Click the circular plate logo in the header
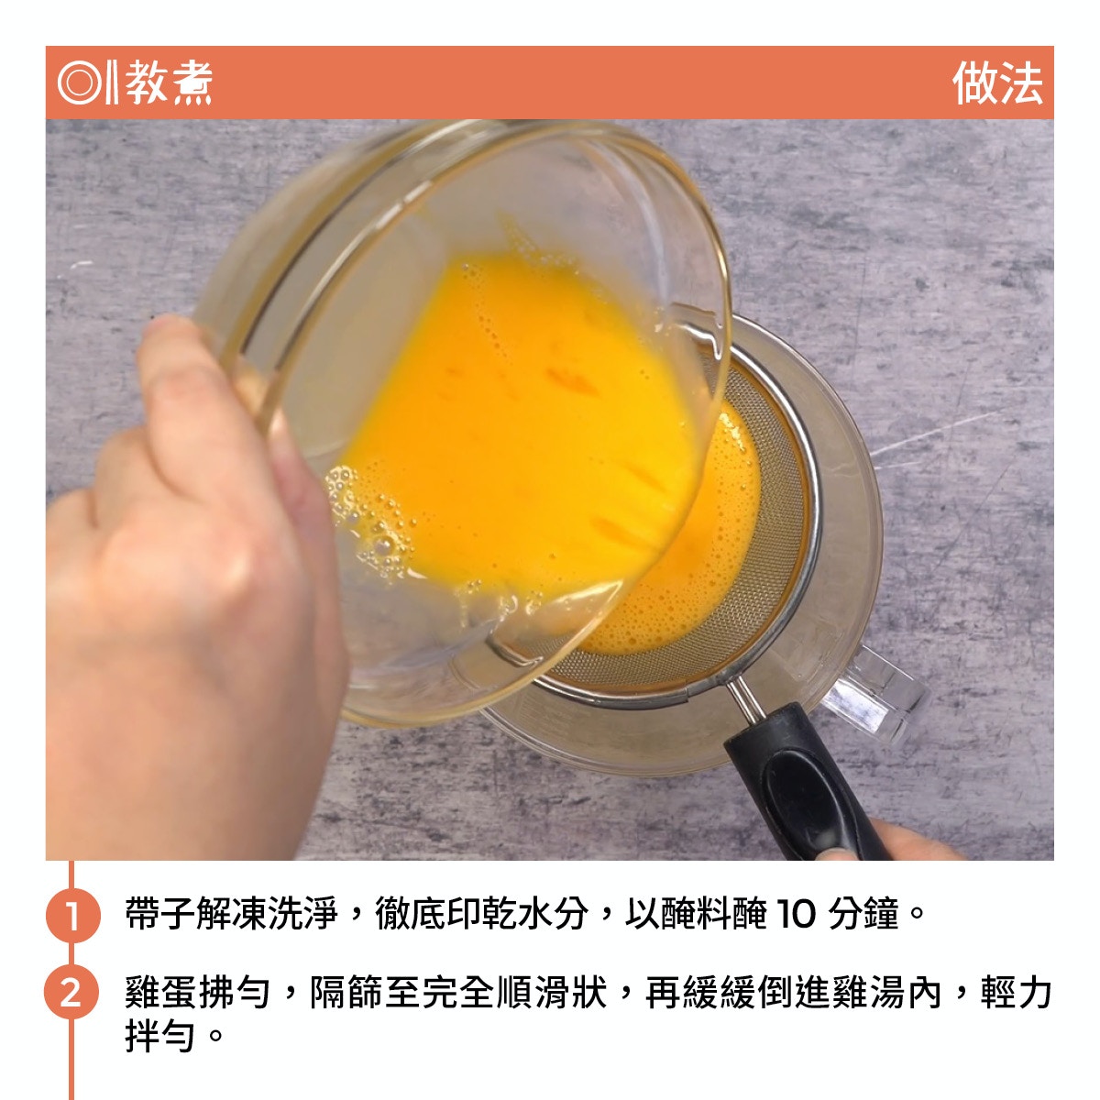80,82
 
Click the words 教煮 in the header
169,82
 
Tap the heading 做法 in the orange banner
997,83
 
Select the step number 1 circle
72,915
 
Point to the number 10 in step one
796,914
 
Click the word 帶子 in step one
159,914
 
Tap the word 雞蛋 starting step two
159,993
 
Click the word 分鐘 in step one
863,914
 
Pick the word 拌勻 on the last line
159,1037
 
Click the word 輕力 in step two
1016,993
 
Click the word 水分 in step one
553,914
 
